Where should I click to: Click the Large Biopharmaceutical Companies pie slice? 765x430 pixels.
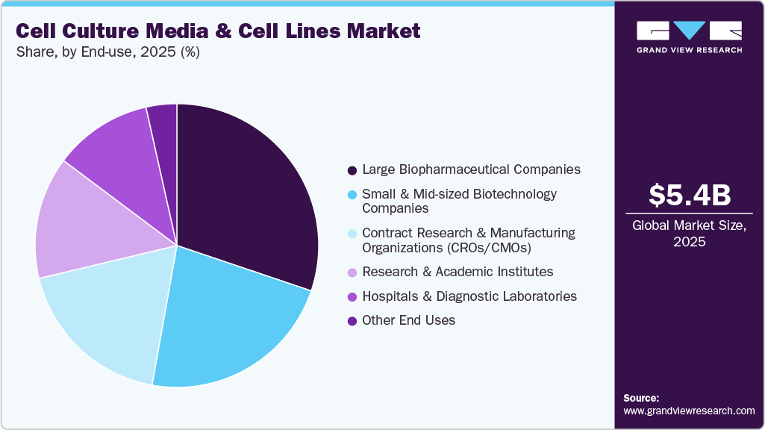click(246, 194)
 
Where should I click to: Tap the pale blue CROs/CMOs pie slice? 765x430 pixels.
click(108, 314)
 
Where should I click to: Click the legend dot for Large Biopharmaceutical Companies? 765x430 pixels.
click(352, 169)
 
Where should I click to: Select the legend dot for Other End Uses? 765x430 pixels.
click(352, 320)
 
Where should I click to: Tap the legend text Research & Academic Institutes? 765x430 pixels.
click(457, 271)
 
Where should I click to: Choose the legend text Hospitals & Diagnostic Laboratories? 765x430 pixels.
click(469, 296)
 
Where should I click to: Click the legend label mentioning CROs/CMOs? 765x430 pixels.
click(468, 240)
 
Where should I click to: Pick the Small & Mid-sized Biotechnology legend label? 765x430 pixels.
click(459, 201)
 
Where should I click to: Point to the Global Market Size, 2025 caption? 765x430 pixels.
click(689, 234)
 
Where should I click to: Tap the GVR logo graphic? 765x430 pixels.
click(689, 31)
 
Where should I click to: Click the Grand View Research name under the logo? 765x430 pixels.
click(689, 50)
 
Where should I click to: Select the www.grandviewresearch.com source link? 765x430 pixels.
click(689, 411)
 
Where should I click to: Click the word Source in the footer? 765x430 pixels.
click(640, 398)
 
